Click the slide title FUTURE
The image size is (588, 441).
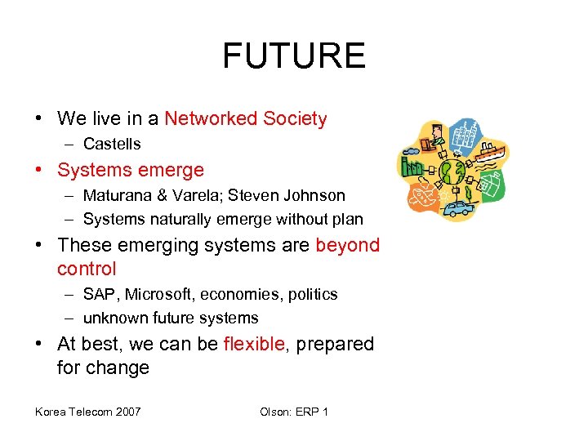[x=294, y=56]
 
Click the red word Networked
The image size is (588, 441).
[x=210, y=118]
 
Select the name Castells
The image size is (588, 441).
[x=112, y=145]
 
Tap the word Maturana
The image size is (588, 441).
[x=116, y=196]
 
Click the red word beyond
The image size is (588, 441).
[x=347, y=246]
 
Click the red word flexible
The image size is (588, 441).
[x=254, y=344]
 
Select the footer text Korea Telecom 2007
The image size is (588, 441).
[x=87, y=411]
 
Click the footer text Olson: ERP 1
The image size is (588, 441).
[x=294, y=411]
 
